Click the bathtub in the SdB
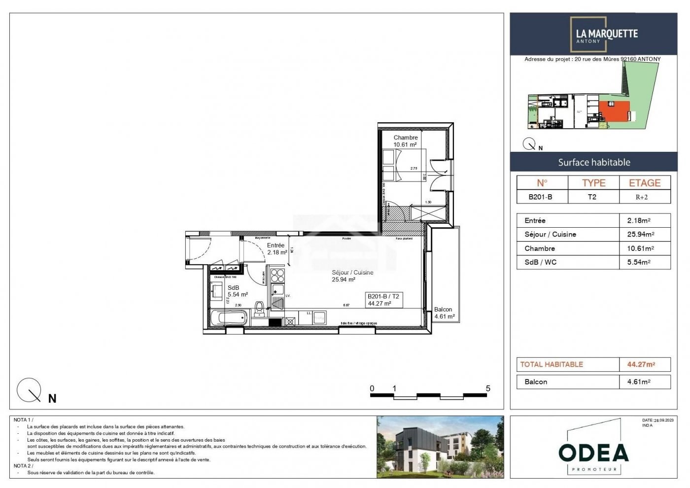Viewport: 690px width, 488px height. (229, 318)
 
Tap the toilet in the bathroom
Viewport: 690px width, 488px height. (259, 309)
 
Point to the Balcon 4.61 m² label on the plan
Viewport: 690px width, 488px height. (444, 313)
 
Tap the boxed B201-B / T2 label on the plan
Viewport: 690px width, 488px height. (384, 300)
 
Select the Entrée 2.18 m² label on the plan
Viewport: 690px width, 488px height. (276, 248)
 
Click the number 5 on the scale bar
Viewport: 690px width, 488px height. (488, 388)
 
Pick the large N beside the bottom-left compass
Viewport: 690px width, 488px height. (52, 399)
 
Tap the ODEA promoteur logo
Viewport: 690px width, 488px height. (593, 453)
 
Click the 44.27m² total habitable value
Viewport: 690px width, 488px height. (641, 364)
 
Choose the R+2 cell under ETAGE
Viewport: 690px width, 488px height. (642, 197)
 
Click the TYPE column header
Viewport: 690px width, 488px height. (593, 183)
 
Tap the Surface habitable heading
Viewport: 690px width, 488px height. (594, 162)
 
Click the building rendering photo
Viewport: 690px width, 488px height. (440, 447)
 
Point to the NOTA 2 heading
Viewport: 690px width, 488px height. (23, 466)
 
